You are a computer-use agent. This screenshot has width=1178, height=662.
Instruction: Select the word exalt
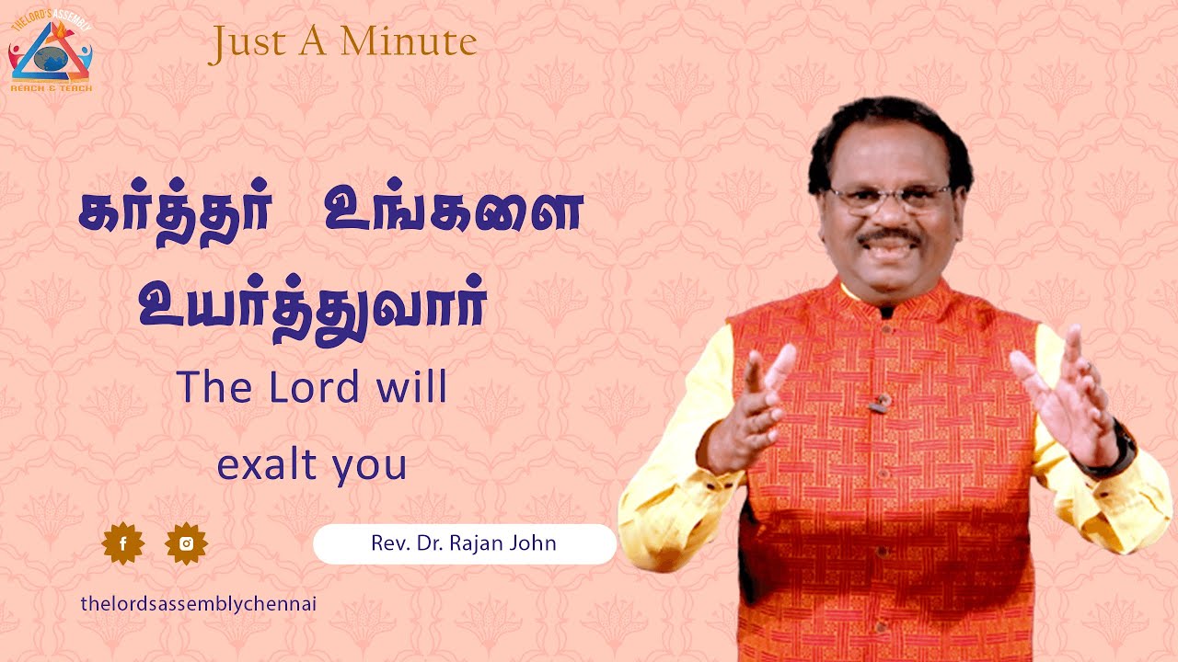coord(260,465)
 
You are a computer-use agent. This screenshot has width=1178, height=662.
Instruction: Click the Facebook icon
coord(123,544)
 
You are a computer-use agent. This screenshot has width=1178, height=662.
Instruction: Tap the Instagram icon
coord(187,544)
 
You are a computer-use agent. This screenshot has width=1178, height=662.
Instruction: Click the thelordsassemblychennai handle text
coord(199,604)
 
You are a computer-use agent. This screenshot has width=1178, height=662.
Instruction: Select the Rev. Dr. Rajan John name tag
coord(464,543)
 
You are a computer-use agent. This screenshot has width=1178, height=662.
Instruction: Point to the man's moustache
coord(890,237)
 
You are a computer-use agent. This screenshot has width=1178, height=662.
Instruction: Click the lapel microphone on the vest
coord(883,401)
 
